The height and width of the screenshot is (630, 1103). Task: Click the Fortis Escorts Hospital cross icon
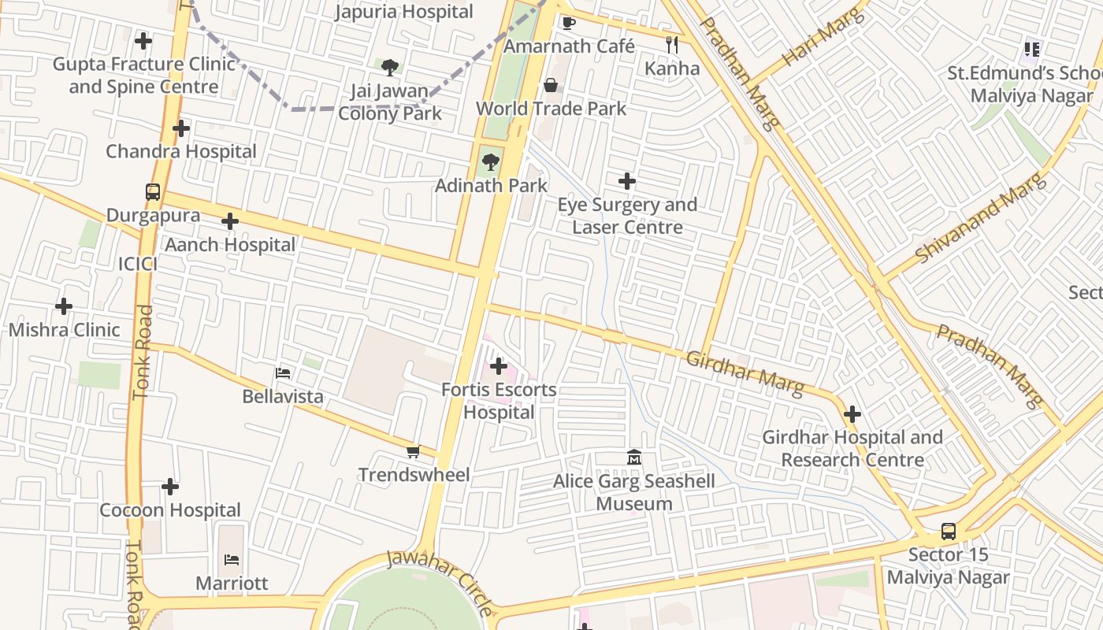pos(498,366)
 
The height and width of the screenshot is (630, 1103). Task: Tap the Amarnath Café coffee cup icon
pos(568,22)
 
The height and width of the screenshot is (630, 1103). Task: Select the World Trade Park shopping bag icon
pos(551,85)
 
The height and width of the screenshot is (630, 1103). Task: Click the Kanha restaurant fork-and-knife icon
pos(671,44)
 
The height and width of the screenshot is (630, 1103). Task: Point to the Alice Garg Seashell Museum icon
pos(634,457)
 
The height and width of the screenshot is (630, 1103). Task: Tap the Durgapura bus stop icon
pos(153,191)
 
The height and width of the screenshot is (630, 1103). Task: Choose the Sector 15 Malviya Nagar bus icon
pos(949,532)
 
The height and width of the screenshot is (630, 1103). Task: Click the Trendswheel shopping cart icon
pos(413,451)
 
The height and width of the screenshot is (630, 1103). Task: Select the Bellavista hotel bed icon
pos(283,372)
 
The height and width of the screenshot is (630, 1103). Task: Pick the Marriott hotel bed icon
pos(232,560)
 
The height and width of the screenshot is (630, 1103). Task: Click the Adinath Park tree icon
pos(491,162)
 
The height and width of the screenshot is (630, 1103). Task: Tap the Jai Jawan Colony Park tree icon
pos(389,68)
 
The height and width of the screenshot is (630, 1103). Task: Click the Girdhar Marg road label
pos(745,373)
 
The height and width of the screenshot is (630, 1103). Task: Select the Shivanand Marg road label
pos(981,219)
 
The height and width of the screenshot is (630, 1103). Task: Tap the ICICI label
pos(138,264)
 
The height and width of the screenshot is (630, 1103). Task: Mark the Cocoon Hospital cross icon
pos(170,487)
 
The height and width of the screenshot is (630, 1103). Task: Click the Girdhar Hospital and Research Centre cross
pos(852,414)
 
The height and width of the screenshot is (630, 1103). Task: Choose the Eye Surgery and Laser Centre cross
pos(627,182)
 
